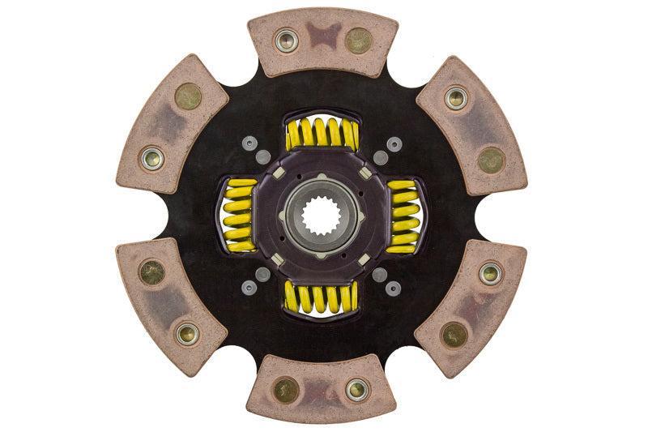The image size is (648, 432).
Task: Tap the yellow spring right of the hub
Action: (x=403, y=216)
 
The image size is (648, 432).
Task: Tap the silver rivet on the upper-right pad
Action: (x=457, y=99)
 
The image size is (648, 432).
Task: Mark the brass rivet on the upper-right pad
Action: (x=491, y=159)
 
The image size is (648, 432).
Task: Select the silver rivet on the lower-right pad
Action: (x=491, y=272)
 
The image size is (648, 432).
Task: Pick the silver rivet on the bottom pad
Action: (x=356, y=390)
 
